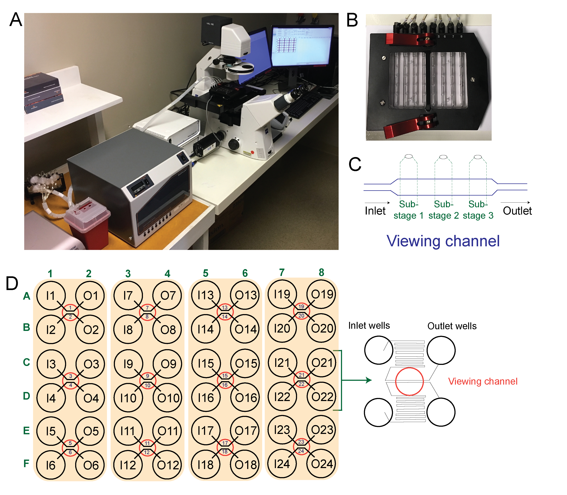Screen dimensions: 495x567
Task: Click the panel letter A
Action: pyautogui.click(x=16, y=20)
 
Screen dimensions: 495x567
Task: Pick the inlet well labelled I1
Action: pyautogui.click(x=51, y=296)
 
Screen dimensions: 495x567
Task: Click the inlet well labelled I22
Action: pyautogui.click(x=282, y=397)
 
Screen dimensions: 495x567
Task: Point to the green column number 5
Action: pyautogui.click(x=205, y=273)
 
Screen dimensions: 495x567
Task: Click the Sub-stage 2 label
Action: pyautogui.click(x=443, y=210)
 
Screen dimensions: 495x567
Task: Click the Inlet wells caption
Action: pyautogui.click(x=369, y=325)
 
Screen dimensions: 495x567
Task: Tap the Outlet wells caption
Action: pyautogui.click(x=452, y=326)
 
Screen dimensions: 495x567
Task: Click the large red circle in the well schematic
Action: pyautogui.click(x=409, y=382)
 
